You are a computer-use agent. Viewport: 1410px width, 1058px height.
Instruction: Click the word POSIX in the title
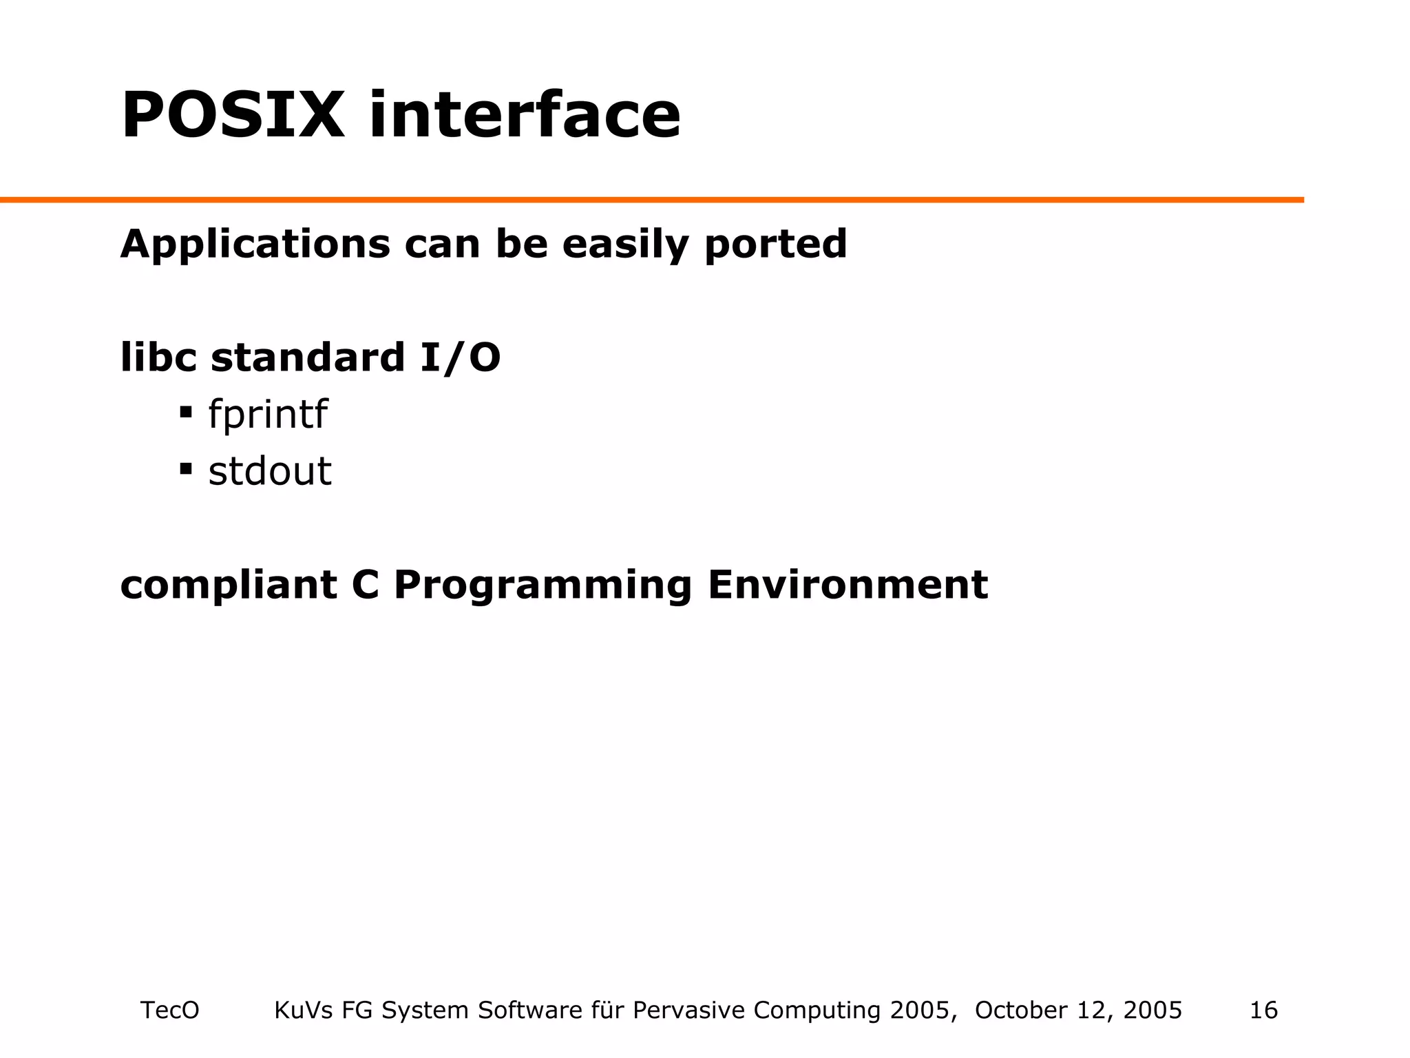[x=232, y=115]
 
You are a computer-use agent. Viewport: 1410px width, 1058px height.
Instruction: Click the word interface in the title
[x=525, y=115]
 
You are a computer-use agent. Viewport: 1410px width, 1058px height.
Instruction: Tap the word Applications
[x=255, y=245]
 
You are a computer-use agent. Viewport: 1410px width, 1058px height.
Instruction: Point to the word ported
[x=775, y=245]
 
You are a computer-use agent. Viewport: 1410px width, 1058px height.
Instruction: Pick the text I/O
[x=460, y=357]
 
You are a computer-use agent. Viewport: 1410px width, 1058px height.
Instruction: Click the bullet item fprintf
[x=267, y=415]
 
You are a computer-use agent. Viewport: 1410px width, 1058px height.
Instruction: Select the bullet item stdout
[x=270, y=472]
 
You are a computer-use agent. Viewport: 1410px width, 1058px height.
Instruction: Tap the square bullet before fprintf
[x=185, y=413]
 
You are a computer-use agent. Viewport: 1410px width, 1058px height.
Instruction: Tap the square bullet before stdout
[x=185, y=469]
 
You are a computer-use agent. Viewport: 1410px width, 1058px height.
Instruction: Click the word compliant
[x=229, y=585]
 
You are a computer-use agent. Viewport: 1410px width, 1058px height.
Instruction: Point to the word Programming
[x=542, y=585]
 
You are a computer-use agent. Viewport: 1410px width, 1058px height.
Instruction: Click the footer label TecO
[x=169, y=1010]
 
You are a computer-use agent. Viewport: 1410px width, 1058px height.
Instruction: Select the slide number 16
[x=1263, y=1010]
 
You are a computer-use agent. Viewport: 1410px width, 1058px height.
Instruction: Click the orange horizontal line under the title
[x=651, y=200]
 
